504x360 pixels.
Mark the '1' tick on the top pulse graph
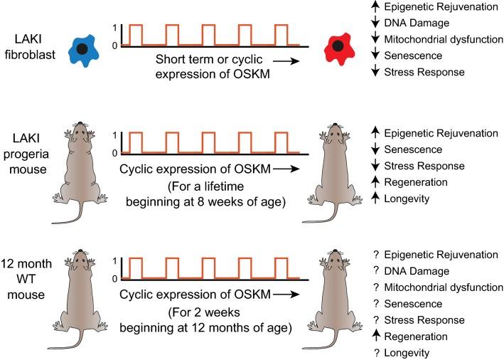coord(117,27)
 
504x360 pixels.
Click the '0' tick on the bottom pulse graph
coord(117,278)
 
